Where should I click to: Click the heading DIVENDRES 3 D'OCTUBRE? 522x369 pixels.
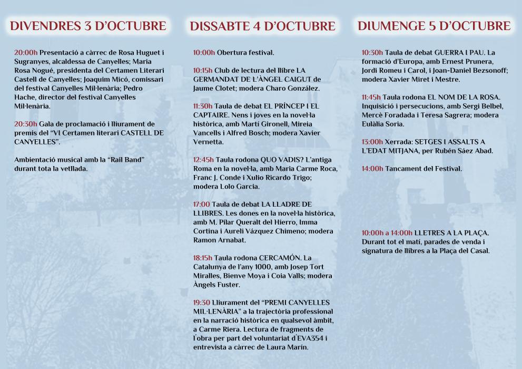point(88,26)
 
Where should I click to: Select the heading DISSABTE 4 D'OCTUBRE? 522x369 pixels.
point(262,26)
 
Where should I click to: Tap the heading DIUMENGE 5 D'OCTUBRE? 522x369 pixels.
point(434,26)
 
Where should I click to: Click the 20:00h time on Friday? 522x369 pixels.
point(26,53)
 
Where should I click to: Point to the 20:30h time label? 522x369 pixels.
point(26,124)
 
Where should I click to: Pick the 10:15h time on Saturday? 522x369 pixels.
point(203,70)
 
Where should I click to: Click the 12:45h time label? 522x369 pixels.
point(203,160)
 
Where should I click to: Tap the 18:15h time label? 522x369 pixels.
point(203,258)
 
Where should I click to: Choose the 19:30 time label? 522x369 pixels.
point(202,303)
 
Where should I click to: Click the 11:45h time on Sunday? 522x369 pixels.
point(371,97)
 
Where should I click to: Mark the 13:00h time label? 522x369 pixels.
point(372,142)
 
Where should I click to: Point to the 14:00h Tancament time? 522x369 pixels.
point(372,169)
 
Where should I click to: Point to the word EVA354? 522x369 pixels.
point(310,338)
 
